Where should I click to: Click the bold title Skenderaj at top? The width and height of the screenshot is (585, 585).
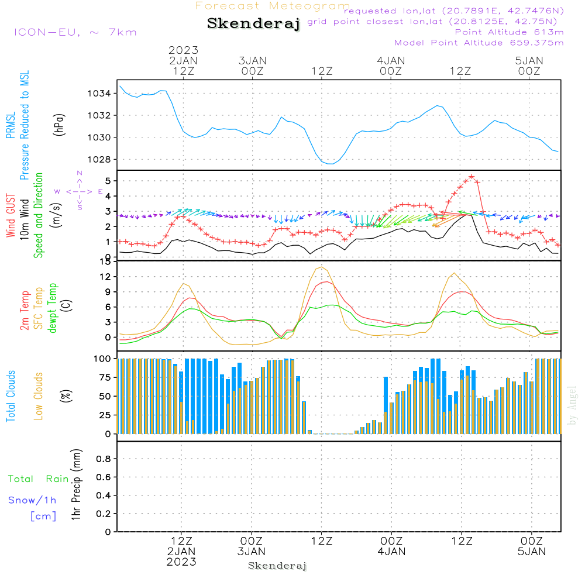click(253, 24)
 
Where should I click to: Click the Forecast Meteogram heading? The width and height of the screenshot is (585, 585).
click(273, 6)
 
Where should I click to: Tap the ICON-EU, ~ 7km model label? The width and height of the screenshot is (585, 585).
click(75, 32)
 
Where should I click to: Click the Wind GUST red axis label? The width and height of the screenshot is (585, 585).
click(11, 216)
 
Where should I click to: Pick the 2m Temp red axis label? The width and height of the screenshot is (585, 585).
click(24, 311)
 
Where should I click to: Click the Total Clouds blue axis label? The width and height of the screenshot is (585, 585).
click(11, 396)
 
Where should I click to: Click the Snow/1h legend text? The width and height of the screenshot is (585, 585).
click(32, 501)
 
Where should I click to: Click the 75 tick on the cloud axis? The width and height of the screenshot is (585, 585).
click(103, 377)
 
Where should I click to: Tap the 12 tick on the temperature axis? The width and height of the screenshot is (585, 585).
click(104, 277)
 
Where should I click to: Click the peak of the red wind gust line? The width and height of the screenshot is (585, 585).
click(472, 176)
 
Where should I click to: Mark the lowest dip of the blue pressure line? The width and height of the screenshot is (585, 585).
click(331, 164)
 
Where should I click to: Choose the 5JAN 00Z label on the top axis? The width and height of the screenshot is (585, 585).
click(529, 66)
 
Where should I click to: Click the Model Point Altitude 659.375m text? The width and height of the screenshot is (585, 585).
click(479, 43)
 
